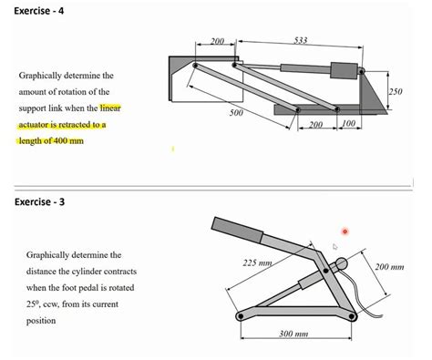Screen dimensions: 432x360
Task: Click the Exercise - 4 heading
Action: [39, 11]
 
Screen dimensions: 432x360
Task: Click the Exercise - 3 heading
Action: [39, 202]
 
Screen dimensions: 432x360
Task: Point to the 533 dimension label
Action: [301, 40]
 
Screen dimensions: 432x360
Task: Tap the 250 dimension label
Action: [396, 91]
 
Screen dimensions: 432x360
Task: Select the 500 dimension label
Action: [236, 113]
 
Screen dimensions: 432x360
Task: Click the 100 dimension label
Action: [348, 123]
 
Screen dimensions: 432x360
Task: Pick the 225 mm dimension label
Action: [257, 262]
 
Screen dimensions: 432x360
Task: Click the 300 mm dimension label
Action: [293, 334]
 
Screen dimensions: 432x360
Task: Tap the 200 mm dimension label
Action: [389, 267]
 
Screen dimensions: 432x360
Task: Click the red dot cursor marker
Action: [345, 231]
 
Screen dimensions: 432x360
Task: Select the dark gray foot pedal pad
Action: [237, 230]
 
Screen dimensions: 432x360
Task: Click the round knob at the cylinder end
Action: [341, 263]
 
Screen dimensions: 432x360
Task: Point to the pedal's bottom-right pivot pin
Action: [352, 316]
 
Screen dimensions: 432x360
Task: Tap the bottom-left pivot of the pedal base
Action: [241, 316]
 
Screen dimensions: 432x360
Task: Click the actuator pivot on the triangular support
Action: [361, 72]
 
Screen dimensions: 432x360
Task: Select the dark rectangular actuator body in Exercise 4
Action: [344, 70]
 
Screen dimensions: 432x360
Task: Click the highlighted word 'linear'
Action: [110, 108]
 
